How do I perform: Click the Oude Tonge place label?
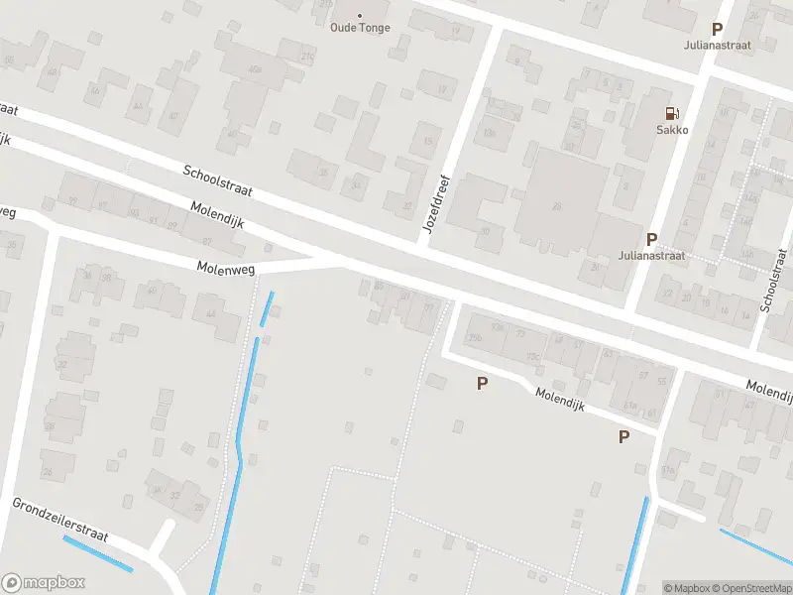[x=360, y=28]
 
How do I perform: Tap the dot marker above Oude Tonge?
[x=360, y=15]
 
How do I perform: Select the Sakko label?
[x=672, y=129]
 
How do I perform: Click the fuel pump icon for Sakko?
[x=672, y=113]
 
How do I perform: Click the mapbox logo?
[x=44, y=583]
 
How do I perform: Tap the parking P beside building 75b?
[x=483, y=383]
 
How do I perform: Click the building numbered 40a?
[x=255, y=69]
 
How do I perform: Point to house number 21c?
[x=307, y=57]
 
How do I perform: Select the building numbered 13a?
[x=489, y=132]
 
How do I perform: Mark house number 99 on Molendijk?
[x=428, y=308]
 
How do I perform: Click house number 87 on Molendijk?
[x=207, y=242]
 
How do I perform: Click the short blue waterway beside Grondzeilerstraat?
[x=97, y=553]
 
